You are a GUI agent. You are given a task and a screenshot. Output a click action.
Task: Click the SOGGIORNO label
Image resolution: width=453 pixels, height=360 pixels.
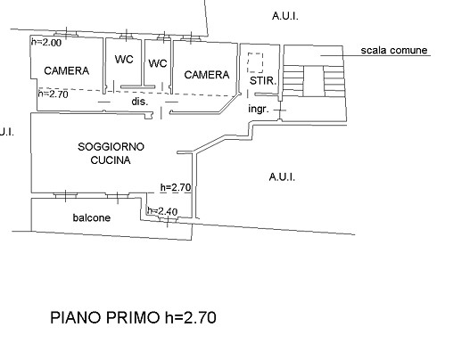pyautogui.click(x=111, y=147)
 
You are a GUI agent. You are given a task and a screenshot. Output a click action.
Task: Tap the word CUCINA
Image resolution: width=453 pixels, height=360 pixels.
pyautogui.click(x=111, y=160)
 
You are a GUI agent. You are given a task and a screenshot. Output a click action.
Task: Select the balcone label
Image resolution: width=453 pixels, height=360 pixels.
pyautogui.click(x=92, y=217)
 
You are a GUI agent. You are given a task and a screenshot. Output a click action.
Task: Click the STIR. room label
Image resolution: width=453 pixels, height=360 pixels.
pyautogui.click(x=263, y=80)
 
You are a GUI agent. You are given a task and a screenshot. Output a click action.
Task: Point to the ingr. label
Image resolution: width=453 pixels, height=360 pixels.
pyautogui.click(x=259, y=110)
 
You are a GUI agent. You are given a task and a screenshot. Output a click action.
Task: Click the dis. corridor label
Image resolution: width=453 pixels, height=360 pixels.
pyautogui.click(x=140, y=102)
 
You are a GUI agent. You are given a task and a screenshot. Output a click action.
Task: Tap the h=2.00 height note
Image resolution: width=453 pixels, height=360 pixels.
pyautogui.click(x=46, y=42)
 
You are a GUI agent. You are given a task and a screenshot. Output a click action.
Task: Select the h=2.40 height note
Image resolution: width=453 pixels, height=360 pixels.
pyautogui.click(x=162, y=211)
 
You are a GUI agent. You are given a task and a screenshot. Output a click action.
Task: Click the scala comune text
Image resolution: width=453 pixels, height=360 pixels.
pyautogui.click(x=394, y=50)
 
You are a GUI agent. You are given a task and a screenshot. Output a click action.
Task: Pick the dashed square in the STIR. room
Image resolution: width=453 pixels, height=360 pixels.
pyautogui.click(x=255, y=62)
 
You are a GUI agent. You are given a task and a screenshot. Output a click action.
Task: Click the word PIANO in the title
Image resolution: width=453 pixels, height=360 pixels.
pyautogui.click(x=76, y=317)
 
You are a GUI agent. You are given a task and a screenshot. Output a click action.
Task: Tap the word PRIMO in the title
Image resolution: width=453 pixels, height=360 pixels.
pyautogui.click(x=133, y=317)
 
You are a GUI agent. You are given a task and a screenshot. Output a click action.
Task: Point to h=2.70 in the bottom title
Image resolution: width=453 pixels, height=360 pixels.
pyautogui.click(x=191, y=317)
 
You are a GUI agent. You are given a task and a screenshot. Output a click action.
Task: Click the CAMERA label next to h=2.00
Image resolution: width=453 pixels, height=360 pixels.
pyautogui.click(x=67, y=70)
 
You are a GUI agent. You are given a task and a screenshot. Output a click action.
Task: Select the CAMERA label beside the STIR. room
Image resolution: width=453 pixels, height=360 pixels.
pyautogui.click(x=207, y=75)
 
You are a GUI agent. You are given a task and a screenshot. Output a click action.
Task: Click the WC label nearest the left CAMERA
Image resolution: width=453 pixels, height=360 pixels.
pyautogui.click(x=124, y=59)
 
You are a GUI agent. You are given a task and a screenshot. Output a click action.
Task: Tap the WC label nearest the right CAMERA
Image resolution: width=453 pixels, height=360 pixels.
pyautogui.click(x=158, y=63)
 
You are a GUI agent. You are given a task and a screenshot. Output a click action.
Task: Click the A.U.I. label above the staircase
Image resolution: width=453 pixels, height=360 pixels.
pyautogui.click(x=285, y=16)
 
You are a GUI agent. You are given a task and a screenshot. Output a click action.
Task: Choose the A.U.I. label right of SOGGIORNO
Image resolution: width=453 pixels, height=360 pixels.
pyautogui.click(x=282, y=177)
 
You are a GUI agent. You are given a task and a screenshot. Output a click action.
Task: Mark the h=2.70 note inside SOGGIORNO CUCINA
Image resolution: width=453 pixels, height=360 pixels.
pyautogui.click(x=176, y=187)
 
